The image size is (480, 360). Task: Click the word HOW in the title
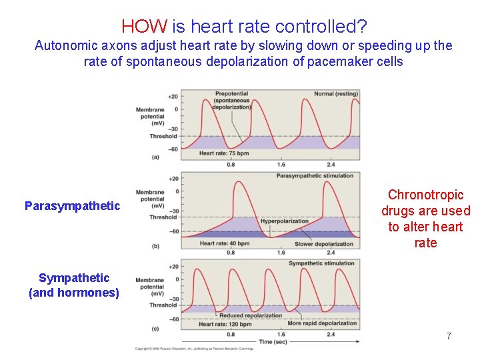click(x=145, y=27)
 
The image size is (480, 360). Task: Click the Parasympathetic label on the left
click(x=72, y=206)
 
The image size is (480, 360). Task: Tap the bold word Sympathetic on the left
click(x=73, y=278)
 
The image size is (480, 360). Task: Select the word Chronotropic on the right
click(x=425, y=195)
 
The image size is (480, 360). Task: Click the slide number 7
click(x=449, y=336)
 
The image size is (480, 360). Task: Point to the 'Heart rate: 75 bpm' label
click(x=224, y=153)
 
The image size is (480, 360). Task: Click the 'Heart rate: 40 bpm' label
click(x=224, y=243)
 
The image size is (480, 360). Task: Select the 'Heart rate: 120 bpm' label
click(x=225, y=324)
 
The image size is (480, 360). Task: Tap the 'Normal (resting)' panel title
click(x=336, y=94)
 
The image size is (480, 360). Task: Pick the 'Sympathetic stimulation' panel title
click(x=321, y=263)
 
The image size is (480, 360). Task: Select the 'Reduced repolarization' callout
click(x=241, y=315)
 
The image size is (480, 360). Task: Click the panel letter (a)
click(x=155, y=157)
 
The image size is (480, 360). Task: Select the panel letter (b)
click(x=155, y=246)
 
